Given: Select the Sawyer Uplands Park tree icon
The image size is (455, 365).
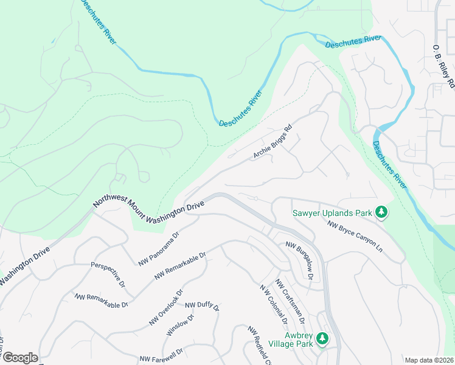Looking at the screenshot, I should point(381,212).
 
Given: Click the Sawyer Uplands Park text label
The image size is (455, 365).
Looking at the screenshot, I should point(332,213).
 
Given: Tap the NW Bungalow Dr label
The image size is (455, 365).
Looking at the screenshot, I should point(299,260).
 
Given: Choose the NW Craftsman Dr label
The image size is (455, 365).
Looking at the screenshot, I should point(289,299).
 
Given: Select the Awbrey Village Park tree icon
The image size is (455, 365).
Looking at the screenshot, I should point(323,338).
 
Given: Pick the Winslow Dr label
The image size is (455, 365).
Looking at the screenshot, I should point(180,326).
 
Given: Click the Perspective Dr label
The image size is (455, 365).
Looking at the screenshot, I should point(108,275).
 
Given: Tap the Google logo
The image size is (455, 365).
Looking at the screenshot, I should point(20,358).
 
